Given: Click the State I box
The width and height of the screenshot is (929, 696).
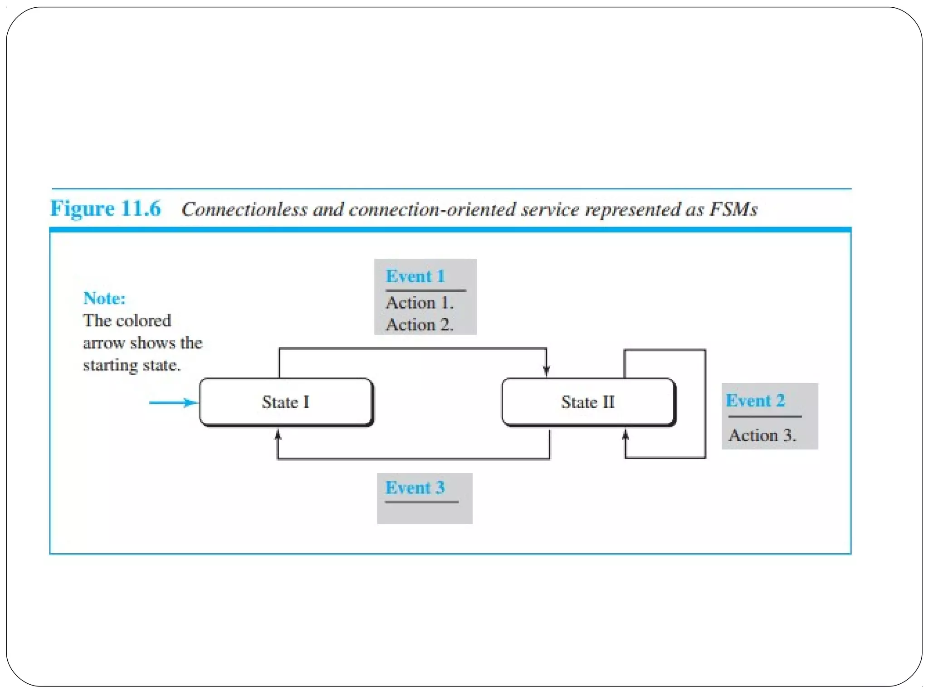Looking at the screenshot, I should click(286, 402).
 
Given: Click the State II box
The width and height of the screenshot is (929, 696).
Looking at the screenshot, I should click(588, 402).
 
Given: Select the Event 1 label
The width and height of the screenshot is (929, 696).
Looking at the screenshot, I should click(415, 276).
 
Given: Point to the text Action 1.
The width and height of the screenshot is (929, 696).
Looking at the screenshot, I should click(420, 303).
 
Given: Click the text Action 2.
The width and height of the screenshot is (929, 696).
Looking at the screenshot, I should click(420, 325).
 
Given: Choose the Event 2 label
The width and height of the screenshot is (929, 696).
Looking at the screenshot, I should click(755, 401).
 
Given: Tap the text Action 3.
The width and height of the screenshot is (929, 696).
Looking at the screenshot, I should click(762, 435).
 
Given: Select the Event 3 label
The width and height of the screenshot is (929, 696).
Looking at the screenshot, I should click(415, 488).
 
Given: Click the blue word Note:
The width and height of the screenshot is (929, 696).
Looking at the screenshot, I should click(104, 299).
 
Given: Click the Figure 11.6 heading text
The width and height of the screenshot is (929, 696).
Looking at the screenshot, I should click(105, 209).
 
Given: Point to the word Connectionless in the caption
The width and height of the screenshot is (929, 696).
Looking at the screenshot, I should click(244, 209).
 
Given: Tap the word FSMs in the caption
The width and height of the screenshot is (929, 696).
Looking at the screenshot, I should click(733, 209).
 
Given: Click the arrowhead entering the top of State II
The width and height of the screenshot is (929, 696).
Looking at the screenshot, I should click(546, 371).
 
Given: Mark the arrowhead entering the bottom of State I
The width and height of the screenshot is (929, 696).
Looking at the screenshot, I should click(278, 435).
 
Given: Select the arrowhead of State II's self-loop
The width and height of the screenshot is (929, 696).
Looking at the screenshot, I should click(625, 435).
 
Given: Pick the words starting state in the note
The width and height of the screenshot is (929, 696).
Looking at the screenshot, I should click(132, 365).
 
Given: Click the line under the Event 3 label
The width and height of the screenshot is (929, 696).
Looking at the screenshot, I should click(421, 502).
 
